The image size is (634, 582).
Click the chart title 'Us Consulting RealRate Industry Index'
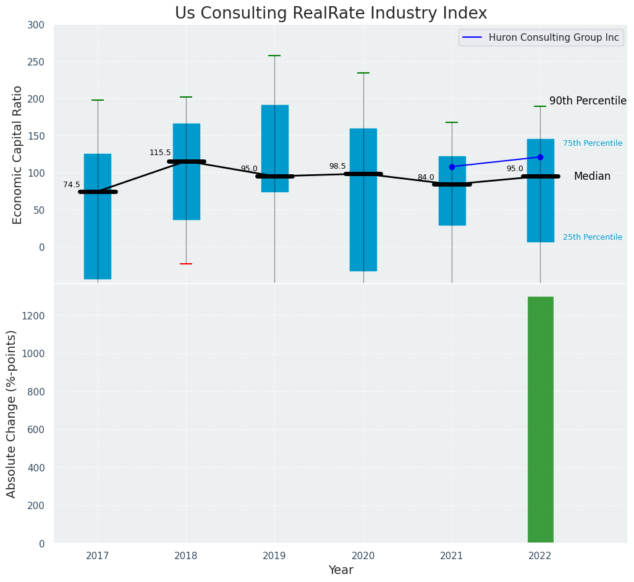(x=331, y=14)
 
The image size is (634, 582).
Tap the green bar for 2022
(x=540, y=420)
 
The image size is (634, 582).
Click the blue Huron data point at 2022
(x=540, y=157)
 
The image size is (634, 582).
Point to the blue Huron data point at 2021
(x=452, y=167)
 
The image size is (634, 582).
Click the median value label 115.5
(x=160, y=153)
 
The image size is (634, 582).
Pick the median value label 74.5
(x=72, y=185)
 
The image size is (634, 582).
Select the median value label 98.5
(x=337, y=166)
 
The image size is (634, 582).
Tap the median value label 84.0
(x=426, y=177)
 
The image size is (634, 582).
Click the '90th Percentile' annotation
(x=588, y=101)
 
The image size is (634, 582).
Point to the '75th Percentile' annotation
(x=593, y=143)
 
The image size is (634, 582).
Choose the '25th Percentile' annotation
(x=593, y=237)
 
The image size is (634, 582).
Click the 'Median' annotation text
(x=592, y=177)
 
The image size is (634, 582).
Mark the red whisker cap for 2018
(x=186, y=264)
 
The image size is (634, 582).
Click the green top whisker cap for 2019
(x=274, y=56)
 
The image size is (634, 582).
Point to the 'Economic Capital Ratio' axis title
(x=18, y=154)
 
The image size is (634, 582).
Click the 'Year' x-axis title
(x=340, y=570)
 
